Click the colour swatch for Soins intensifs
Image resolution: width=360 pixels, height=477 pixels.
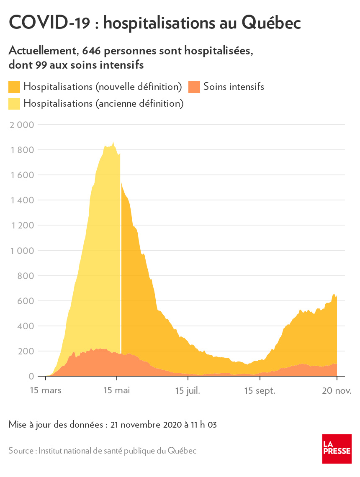[194, 87]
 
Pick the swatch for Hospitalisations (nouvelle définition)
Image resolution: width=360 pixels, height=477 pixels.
[14, 87]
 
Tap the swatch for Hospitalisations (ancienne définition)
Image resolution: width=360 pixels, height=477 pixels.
[14, 103]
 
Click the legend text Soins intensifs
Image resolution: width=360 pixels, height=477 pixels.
[234, 87]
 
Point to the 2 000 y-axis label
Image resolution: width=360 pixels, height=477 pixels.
[21, 125]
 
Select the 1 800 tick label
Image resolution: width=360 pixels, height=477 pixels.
[21, 150]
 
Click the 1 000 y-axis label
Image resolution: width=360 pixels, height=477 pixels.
[21, 251]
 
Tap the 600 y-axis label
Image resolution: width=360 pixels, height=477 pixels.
[25, 301]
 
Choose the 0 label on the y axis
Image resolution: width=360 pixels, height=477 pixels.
[31, 376]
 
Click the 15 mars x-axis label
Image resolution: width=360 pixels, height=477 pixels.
[46, 391]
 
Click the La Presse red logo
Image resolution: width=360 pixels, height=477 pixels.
[337, 449]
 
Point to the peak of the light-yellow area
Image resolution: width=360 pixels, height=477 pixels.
[113, 142]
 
